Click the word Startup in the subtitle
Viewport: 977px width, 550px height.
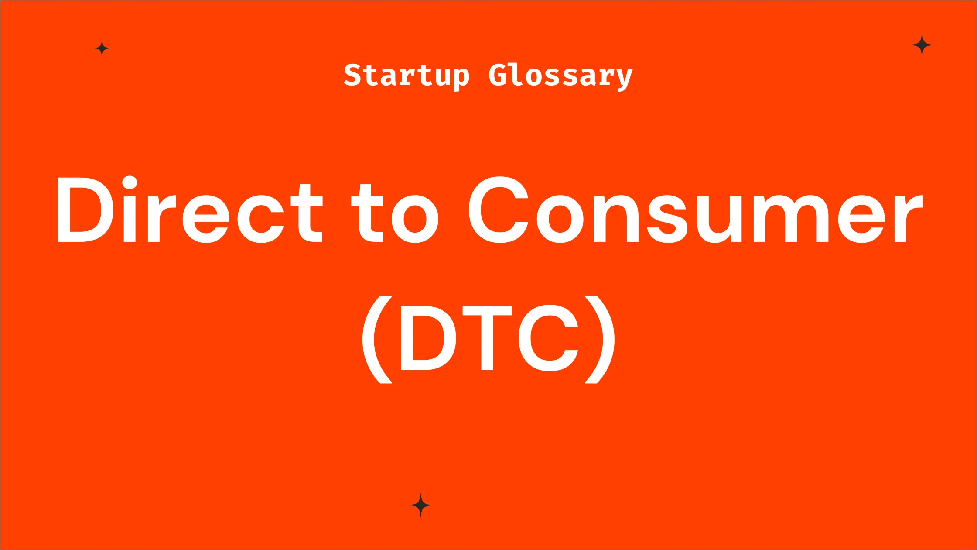pos(407,76)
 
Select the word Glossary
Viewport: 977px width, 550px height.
pos(560,76)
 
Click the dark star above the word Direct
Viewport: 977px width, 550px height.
pos(102,48)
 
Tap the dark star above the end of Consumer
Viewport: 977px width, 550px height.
pos(922,45)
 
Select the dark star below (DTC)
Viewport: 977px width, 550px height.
pos(420,505)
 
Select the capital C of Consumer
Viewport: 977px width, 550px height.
pos(499,210)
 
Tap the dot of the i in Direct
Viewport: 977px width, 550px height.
pos(130,182)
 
